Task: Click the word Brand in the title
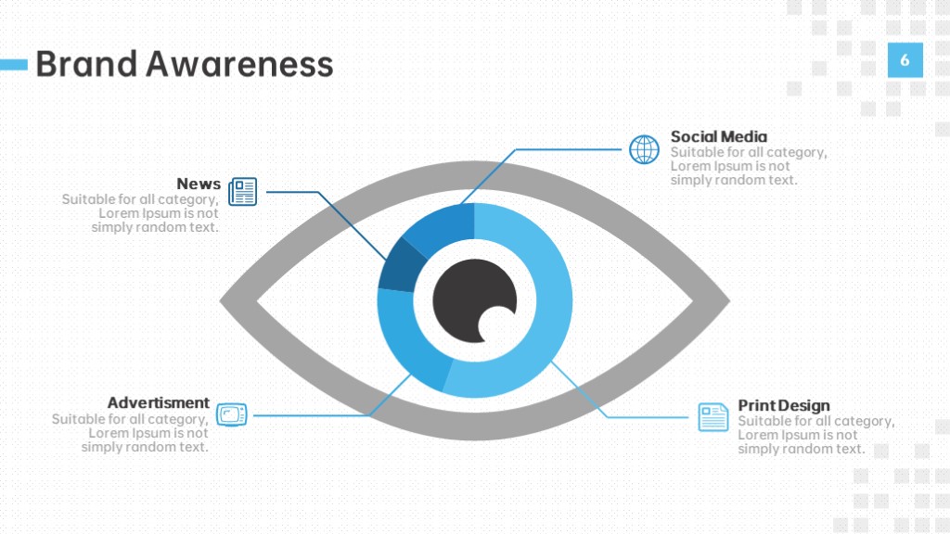86,64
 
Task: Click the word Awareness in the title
239,64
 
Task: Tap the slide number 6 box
905,60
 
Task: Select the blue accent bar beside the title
14,64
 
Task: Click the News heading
199,184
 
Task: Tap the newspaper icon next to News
243,191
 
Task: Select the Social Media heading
719,137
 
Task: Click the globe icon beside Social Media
644,149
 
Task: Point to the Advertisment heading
158,402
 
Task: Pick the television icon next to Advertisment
232,414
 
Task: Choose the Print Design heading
783,406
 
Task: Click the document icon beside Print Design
713,417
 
